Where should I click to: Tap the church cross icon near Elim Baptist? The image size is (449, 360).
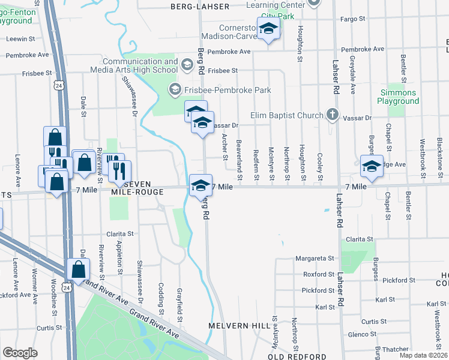pos(332,114)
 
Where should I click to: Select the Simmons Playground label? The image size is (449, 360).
pos(398,97)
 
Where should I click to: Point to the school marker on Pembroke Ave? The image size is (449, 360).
pos(268,28)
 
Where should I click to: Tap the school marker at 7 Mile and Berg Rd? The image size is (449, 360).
pos(200,185)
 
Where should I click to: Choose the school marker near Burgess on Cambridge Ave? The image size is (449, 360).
pos(372,166)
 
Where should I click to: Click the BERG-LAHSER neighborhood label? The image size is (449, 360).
pos(200,6)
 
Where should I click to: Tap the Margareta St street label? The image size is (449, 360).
pos(315,259)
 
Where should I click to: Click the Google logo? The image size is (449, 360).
pos(20,353)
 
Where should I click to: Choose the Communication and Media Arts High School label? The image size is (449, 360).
pos(140,65)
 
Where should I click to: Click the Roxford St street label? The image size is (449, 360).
pos(318,274)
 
